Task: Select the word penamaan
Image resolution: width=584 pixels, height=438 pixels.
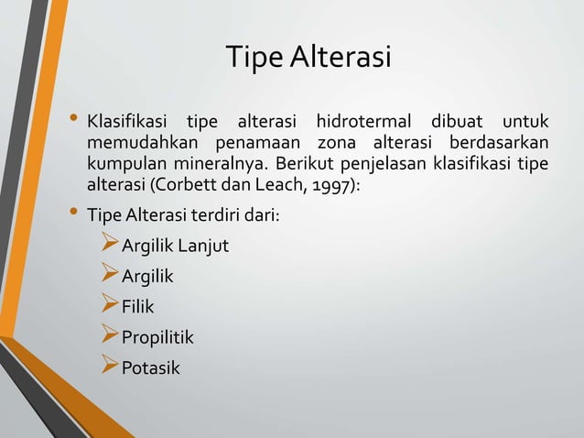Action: tap(260, 145)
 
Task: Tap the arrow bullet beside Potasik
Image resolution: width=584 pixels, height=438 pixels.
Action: tap(110, 368)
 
